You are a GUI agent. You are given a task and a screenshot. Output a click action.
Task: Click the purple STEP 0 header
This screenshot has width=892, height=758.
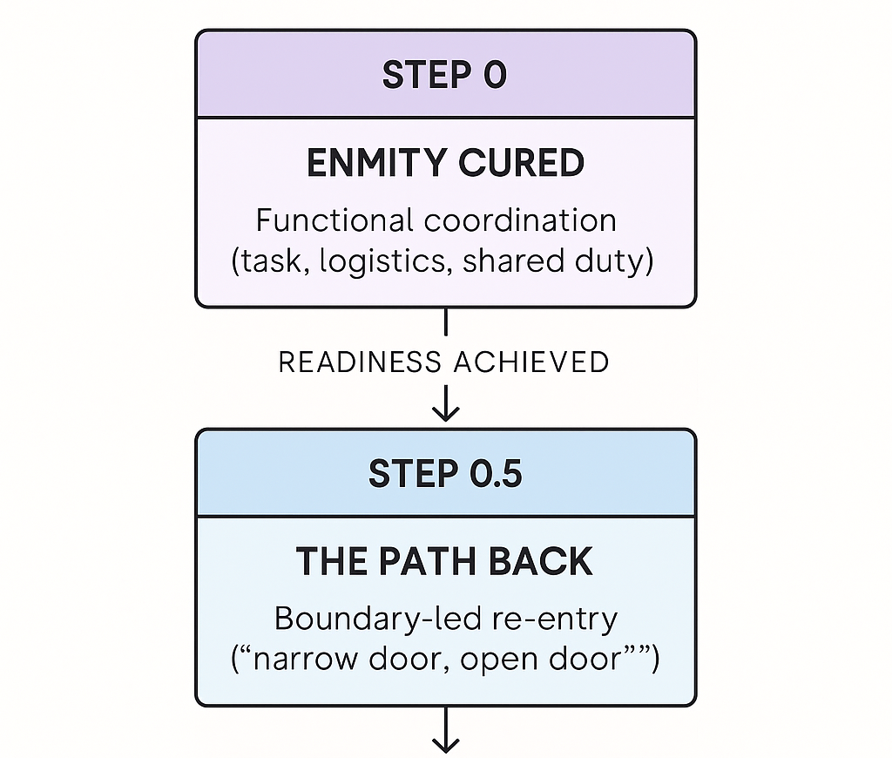(445, 75)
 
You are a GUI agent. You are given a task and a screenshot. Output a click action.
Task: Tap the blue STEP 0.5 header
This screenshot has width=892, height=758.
(445, 474)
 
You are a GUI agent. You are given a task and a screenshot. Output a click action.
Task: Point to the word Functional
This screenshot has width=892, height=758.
(334, 220)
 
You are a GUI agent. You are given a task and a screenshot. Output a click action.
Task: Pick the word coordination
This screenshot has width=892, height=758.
(520, 220)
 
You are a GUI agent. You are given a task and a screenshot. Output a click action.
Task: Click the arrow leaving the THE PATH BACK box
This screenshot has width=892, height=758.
(445, 732)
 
